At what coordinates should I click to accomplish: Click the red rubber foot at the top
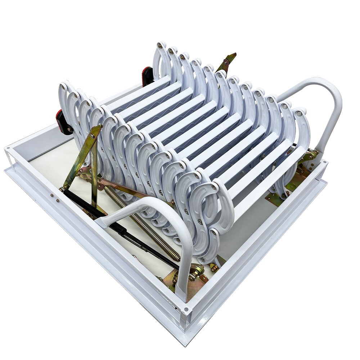pos(147,76)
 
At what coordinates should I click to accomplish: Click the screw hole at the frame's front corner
pos(186,309)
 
